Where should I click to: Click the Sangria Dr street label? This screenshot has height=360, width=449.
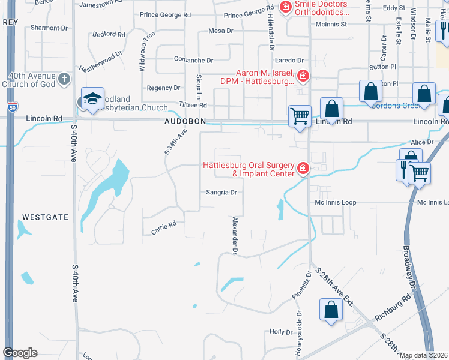[222, 193]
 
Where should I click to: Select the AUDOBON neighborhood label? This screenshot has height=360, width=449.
[185, 121]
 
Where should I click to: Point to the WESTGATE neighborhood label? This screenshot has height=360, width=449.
[46, 216]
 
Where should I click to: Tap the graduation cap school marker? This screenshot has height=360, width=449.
[92, 99]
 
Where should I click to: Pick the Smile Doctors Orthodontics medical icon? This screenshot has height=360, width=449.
[286, 8]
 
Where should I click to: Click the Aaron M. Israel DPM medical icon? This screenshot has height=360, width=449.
[303, 76]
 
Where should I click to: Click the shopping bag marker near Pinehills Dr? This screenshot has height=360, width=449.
[331, 310]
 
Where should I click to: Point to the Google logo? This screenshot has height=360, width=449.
[20, 353]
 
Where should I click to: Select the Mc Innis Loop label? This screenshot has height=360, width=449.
[336, 203]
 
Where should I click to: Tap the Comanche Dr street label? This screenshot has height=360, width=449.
[193, 61]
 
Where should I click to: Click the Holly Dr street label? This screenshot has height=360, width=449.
[280, 332]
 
